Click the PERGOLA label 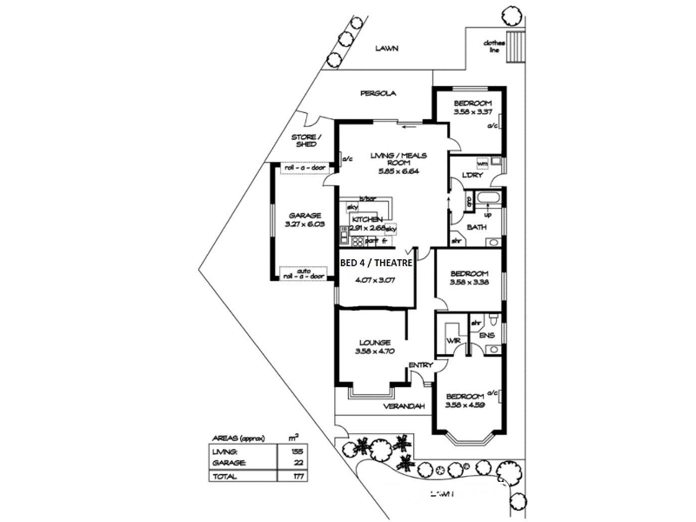click(x=378, y=93)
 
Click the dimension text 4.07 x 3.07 click(x=375, y=280)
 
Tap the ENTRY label click(x=420, y=365)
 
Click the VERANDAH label click(x=403, y=406)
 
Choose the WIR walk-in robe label click(x=452, y=339)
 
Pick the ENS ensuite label click(x=487, y=335)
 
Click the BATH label click(x=477, y=227)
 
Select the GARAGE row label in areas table click(x=228, y=464)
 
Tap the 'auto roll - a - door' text click(x=303, y=274)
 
